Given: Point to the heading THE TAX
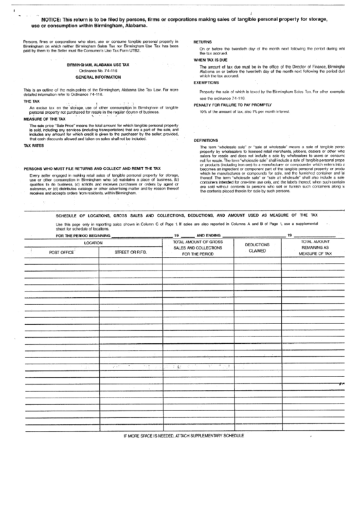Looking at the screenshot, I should pos(33,101).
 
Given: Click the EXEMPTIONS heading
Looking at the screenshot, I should pos(208,83).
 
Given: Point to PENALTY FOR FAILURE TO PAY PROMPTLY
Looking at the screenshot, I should pos(236,105).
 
